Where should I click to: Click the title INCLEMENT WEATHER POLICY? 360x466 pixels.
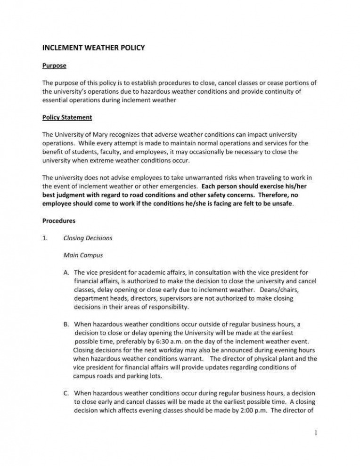[94, 48]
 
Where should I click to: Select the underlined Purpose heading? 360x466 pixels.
[54, 65]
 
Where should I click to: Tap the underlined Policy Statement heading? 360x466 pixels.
[67, 117]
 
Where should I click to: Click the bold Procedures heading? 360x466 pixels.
[59, 221]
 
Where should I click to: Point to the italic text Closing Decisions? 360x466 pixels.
[88, 238]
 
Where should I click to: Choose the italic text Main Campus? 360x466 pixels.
[82, 255]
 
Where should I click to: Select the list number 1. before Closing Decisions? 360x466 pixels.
[45, 238]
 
